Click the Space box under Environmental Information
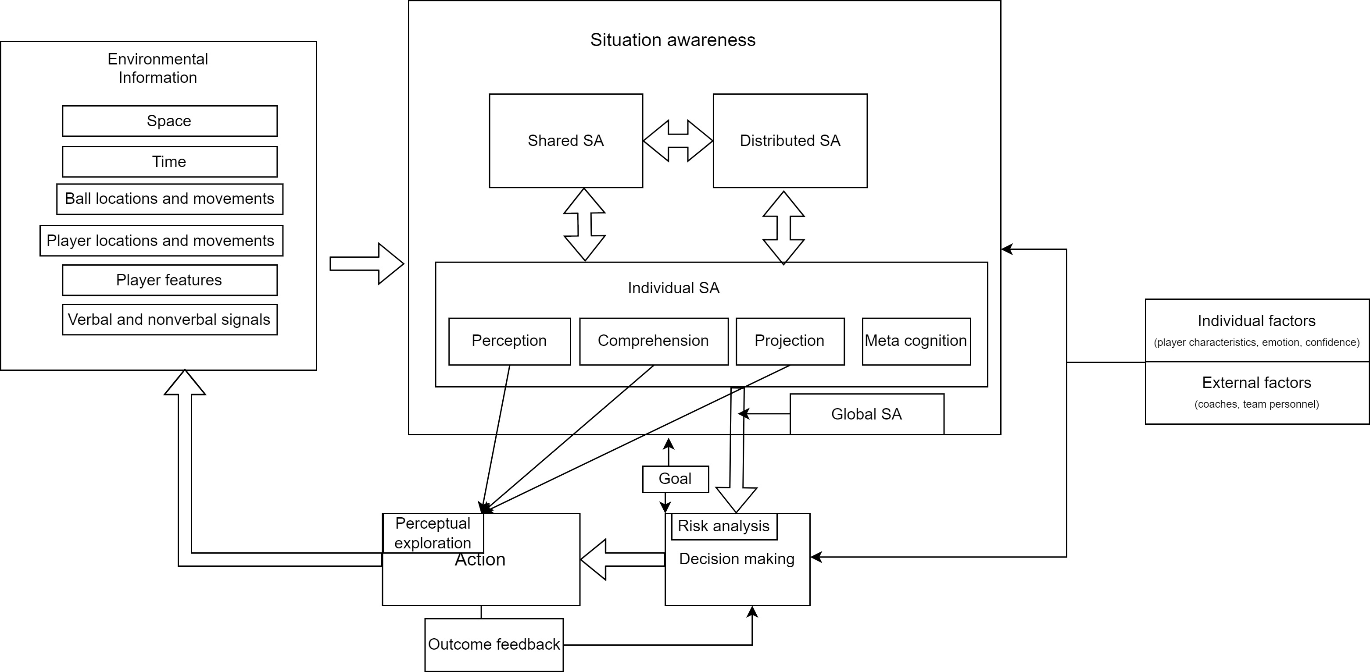click(169, 121)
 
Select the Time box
click(169, 162)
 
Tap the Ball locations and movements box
click(169, 199)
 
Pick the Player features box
click(169, 280)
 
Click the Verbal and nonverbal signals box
click(169, 320)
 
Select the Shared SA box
click(565, 141)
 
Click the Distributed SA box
click(790, 141)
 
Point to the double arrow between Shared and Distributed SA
click(678, 141)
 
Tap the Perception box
click(509, 341)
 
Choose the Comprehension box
click(653, 341)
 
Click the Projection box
click(790, 341)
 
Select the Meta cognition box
click(916, 341)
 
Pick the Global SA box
click(866, 414)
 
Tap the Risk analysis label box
click(723, 526)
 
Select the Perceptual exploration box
click(433, 533)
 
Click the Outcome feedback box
click(494, 644)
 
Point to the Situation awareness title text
click(673, 40)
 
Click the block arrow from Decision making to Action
click(622, 559)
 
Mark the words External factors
click(1256, 383)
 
